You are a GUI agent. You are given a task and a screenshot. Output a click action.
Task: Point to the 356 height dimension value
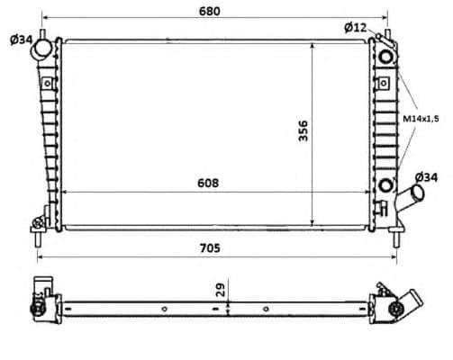coord(304,131)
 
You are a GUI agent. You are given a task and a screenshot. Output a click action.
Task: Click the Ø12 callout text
coord(355,28)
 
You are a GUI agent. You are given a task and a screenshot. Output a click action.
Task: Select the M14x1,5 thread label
coord(421,119)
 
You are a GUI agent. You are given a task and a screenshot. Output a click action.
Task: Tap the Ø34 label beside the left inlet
coord(22,40)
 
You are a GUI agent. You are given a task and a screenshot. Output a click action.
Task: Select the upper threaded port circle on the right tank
coord(386,57)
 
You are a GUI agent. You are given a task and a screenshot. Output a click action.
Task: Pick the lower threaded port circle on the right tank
coord(387,185)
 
